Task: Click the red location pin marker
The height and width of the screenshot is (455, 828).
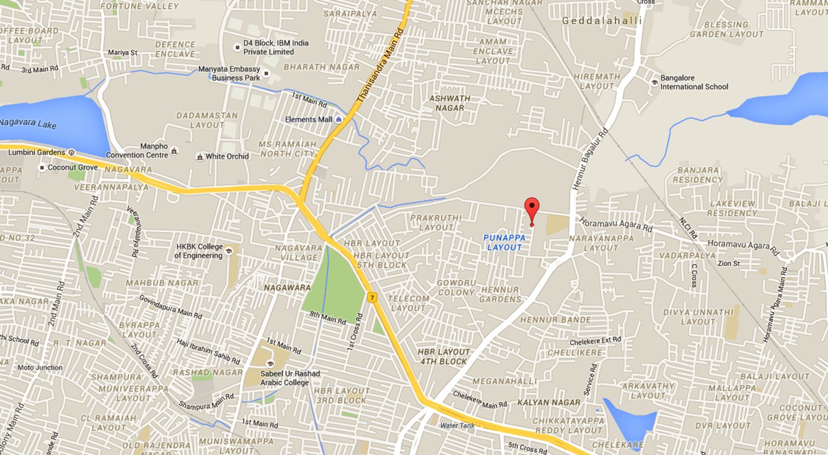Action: click(532, 209)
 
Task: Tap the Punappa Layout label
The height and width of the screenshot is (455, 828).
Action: click(505, 242)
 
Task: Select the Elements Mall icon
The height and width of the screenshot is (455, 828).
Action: click(339, 119)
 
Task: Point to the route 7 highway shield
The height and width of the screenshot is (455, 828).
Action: click(372, 298)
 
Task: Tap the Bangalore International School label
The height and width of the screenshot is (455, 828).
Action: click(694, 82)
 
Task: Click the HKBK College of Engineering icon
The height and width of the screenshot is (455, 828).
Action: click(229, 251)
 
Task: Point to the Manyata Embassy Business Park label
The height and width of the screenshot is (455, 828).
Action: click(229, 74)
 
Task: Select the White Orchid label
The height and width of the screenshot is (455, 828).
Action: click(227, 157)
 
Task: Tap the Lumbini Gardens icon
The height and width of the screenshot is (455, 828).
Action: click(72, 152)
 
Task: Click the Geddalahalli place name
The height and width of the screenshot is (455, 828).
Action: click(601, 20)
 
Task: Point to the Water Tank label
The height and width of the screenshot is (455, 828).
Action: click(457, 426)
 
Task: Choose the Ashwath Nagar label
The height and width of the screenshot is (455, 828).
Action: click(450, 103)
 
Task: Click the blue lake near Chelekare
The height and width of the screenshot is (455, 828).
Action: click(631, 421)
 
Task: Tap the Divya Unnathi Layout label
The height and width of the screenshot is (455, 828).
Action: click(698, 316)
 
